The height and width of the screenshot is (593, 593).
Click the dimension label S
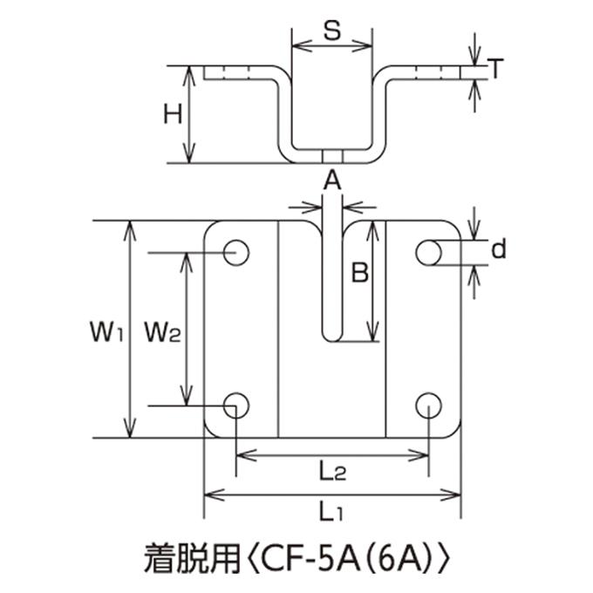[x=332, y=31]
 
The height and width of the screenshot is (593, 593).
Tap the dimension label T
[x=494, y=68]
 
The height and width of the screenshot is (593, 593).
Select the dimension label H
[x=173, y=114]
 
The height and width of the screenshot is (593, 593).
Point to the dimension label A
[x=332, y=181]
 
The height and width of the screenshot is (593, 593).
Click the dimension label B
[x=359, y=273]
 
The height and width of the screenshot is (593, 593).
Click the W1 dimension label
[x=106, y=331]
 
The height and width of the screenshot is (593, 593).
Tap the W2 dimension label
[x=163, y=333]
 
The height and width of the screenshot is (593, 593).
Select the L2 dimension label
[x=332, y=472]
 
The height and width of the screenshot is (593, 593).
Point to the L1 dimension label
[x=331, y=513]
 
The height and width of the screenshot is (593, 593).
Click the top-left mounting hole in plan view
[x=236, y=253]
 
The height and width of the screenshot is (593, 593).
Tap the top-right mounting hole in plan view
[x=428, y=253]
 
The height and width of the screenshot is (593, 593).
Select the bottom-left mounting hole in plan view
[x=236, y=406]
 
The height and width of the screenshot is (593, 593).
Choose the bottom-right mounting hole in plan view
[x=428, y=406]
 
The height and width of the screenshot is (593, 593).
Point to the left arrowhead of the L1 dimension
[x=215, y=494]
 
